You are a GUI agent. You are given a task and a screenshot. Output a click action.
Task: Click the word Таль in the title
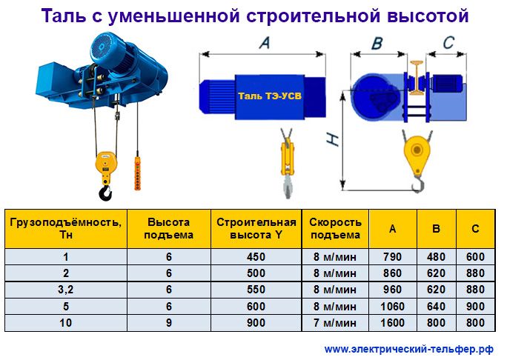pos(64,16)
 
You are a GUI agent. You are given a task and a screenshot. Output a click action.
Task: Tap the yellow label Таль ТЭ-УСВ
pos(270,96)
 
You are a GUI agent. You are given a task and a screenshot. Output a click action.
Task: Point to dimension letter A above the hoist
pos(265,42)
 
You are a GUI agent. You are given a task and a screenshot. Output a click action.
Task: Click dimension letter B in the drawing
pos(377,43)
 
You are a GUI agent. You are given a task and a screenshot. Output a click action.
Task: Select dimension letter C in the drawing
pos(448,43)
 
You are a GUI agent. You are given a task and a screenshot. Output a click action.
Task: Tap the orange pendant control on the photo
pos(137,173)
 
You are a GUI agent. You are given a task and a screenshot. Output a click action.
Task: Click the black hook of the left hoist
pos(105,193)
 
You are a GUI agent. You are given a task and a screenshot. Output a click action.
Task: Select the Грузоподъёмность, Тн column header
pos(66,228)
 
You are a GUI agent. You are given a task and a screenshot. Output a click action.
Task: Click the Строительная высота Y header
pos(256,228)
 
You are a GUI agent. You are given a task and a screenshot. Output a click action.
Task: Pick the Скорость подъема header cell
pos(335,228)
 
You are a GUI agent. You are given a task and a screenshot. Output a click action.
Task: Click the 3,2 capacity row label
pos(66,290)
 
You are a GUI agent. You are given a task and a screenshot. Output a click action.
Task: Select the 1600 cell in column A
pos(393,323)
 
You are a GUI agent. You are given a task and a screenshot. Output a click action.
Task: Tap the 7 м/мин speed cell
pos(335,323)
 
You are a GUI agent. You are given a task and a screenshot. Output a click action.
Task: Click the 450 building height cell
pos(256,257)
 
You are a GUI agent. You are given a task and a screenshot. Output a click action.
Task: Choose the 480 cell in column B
pos(436,257)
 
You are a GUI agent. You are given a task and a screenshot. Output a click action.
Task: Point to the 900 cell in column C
pos(475,307)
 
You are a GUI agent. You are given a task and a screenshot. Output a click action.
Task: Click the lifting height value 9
pos(169,323)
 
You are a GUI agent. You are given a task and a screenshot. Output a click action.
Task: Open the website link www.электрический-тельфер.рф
pos(409,350)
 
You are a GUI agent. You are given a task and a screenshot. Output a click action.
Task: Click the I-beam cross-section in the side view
pos(417,78)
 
